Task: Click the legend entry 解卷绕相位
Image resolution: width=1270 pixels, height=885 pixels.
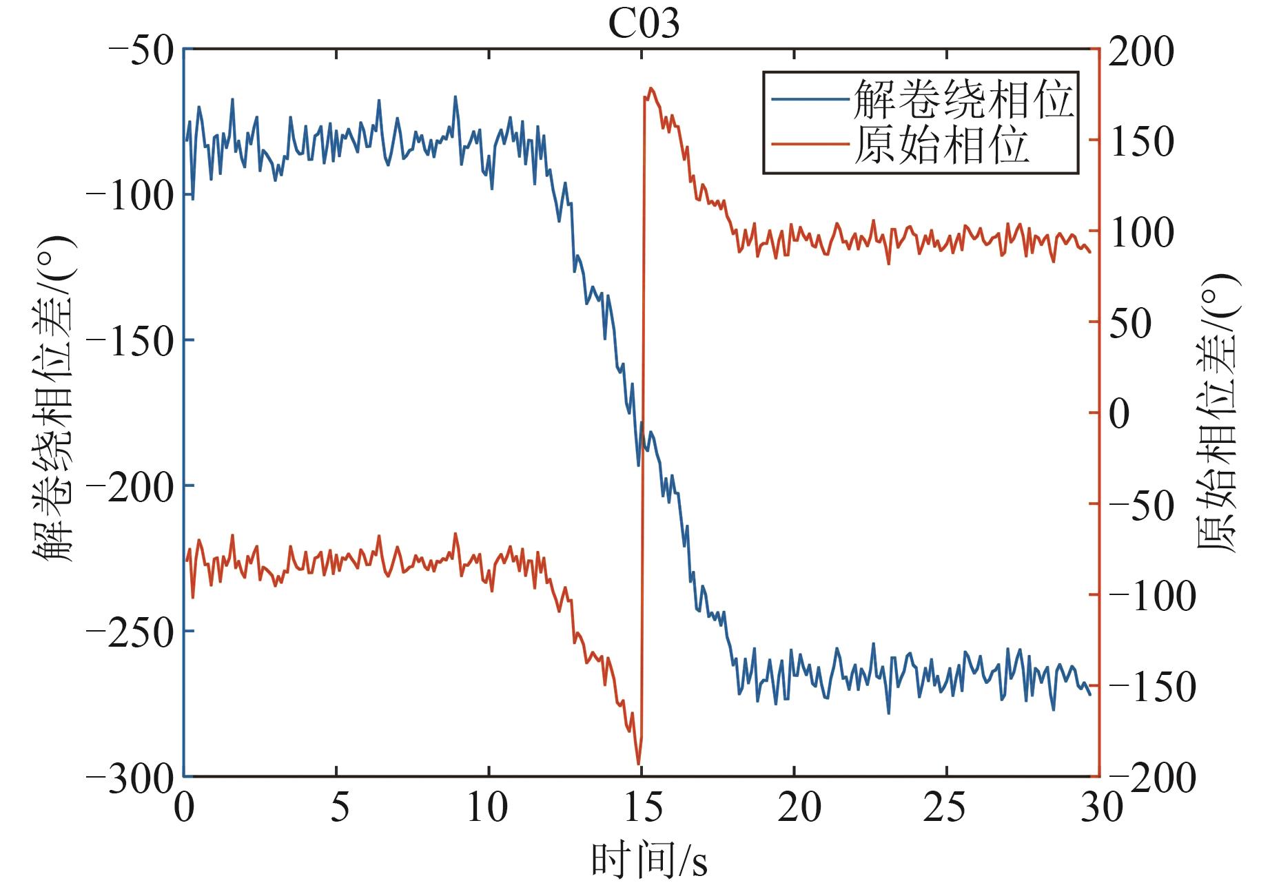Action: tap(963, 99)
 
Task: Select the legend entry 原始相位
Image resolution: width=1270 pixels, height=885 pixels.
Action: tap(941, 144)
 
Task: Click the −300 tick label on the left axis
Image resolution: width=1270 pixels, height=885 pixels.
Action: tap(130, 779)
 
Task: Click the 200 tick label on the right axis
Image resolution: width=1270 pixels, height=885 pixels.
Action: tap(1140, 52)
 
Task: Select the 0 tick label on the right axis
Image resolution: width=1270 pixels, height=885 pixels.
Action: tap(1120, 415)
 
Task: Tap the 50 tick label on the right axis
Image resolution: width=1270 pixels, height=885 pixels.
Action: tap(1130, 324)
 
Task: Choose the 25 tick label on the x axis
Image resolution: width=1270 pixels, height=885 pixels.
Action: tap(945, 807)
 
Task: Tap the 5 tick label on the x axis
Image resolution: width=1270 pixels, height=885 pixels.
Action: tap(338, 807)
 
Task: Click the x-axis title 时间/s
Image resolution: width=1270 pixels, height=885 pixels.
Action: tap(649, 860)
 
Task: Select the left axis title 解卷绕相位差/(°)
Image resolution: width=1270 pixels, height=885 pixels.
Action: tap(52, 399)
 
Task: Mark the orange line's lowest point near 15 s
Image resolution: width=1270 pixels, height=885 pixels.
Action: tap(639, 764)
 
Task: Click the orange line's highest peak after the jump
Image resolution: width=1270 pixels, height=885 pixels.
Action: tap(651, 88)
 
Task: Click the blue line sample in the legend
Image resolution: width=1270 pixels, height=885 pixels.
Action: tap(809, 99)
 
